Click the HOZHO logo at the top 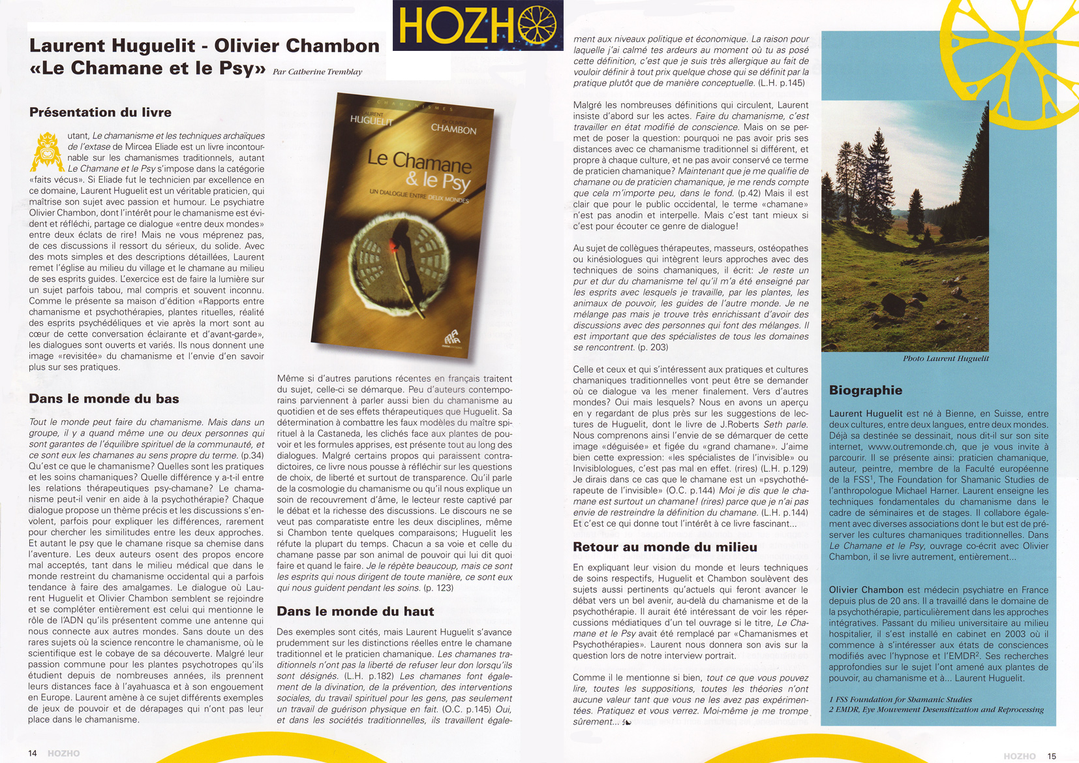click(x=478, y=25)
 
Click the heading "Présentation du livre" click(x=100, y=112)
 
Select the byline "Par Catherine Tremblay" click(x=317, y=72)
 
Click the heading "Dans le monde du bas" click(x=104, y=399)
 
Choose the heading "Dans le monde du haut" click(x=356, y=612)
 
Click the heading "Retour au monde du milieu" click(x=665, y=547)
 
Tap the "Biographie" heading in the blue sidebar click(x=866, y=390)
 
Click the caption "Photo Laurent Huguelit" click(x=945, y=358)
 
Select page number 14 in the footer click(x=33, y=753)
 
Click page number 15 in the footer click(x=1051, y=756)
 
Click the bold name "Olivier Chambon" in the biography click(x=866, y=590)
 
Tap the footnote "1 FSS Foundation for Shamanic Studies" click(x=900, y=699)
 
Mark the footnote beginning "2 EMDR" click(x=936, y=709)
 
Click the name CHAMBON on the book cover click(x=453, y=129)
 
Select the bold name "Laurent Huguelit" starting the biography click(x=866, y=414)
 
